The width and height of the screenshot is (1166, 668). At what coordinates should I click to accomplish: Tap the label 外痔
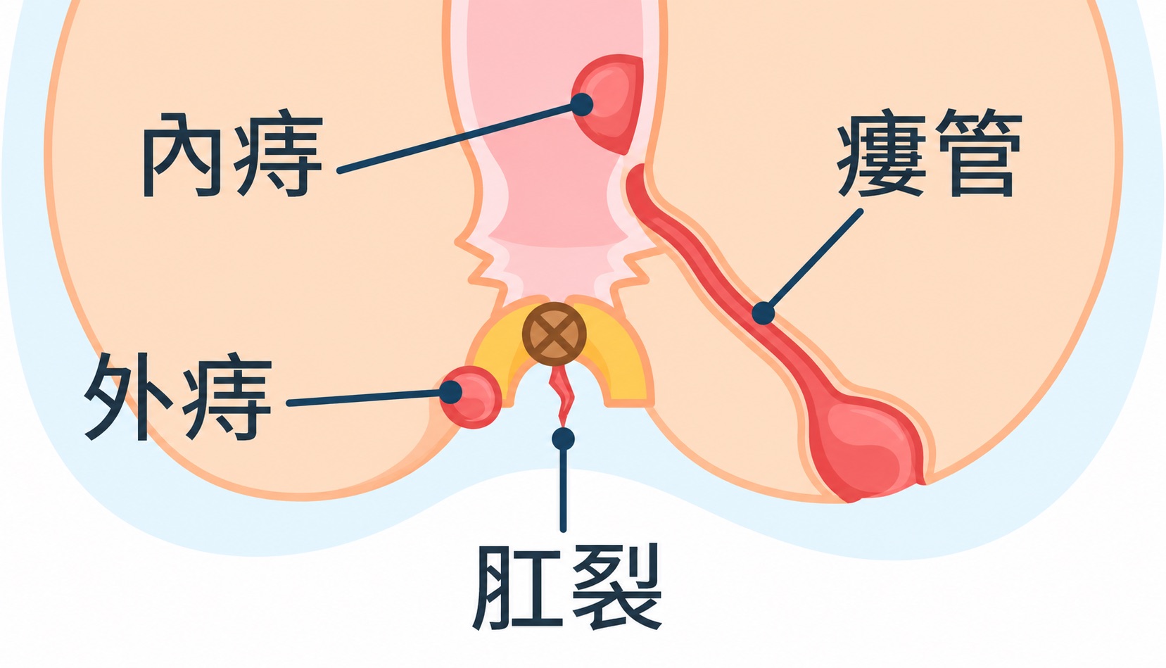point(178,396)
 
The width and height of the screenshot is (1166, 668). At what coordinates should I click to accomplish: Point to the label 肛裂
point(567,586)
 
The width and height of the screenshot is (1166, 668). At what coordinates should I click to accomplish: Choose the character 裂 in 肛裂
point(617,586)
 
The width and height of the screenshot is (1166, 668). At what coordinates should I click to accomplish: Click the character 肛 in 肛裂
point(517,587)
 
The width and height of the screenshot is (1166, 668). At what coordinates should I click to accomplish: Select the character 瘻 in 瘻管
point(882,153)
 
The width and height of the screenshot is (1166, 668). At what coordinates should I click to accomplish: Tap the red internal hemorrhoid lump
point(609,103)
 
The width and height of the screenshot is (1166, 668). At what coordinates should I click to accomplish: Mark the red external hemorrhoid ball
point(471,397)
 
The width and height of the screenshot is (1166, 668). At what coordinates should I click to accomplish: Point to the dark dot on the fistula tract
point(763,313)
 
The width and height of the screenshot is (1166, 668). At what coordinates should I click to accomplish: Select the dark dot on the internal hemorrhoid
point(582,105)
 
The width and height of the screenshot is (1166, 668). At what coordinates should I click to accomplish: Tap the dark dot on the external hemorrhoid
point(451,392)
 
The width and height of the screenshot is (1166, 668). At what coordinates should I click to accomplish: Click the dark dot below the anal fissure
point(563,439)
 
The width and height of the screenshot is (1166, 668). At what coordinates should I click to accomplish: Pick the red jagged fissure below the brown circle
point(561,396)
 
